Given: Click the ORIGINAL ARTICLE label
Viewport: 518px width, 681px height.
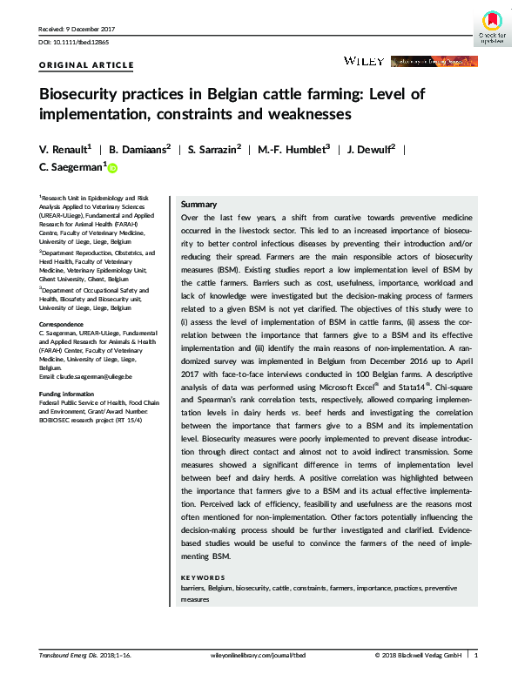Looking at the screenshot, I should (x=87, y=65).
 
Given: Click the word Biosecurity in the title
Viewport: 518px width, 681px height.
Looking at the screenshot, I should (x=76, y=94).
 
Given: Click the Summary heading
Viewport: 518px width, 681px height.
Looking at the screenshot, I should (x=198, y=203).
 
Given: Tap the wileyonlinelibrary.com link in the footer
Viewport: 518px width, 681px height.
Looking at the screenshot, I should (x=259, y=655).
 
